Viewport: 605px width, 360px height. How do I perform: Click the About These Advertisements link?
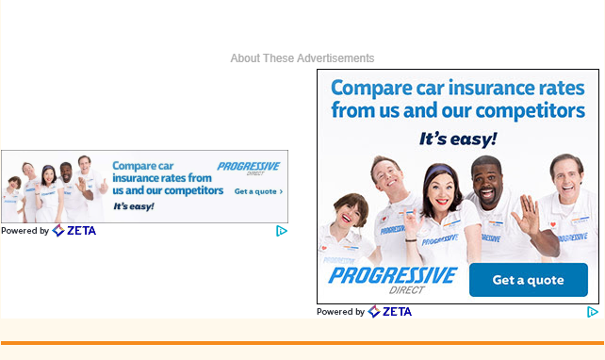point(302,58)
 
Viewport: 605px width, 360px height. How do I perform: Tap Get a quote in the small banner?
point(257,191)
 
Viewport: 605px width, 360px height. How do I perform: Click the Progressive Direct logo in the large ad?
point(391,279)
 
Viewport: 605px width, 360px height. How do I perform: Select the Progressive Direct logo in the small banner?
point(248,168)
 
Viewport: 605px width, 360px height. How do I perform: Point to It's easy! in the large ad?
point(457,139)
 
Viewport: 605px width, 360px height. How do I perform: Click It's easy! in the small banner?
point(134,205)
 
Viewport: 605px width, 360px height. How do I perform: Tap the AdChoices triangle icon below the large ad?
point(593,312)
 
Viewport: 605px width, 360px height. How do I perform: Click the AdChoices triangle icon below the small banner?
point(281,231)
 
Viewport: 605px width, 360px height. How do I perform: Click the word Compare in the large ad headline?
point(371,89)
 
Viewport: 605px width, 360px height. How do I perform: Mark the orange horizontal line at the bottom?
point(302,343)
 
